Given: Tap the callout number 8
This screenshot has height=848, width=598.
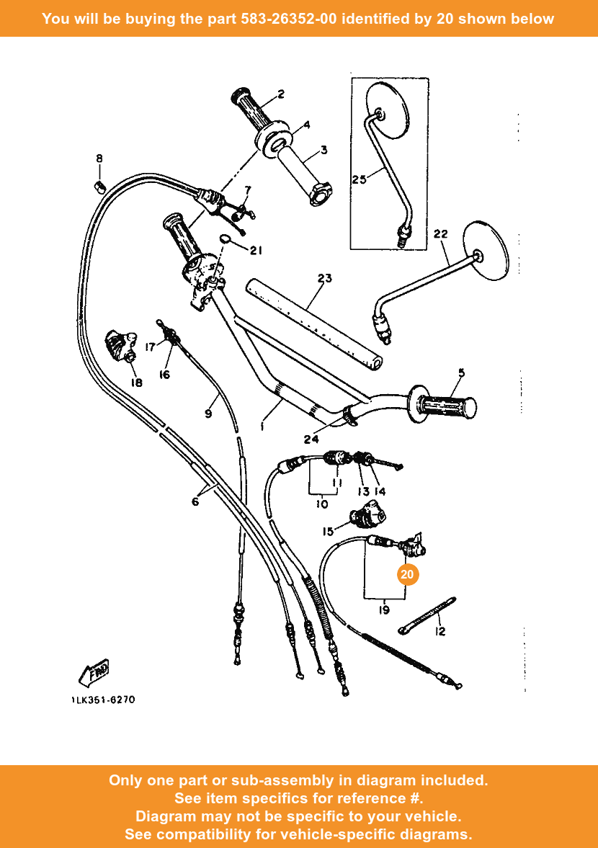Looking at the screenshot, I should pyautogui.click(x=99, y=159).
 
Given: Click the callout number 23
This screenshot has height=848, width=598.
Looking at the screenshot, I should pyautogui.click(x=324, y=278).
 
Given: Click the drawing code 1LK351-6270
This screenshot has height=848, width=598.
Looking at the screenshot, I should pyautogui.click(x=103, y=700).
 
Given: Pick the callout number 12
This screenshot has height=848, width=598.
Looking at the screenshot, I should pyautogui.click(x=439, y=632).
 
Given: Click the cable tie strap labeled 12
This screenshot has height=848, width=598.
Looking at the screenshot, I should pyautogui.click(x=426, y=615).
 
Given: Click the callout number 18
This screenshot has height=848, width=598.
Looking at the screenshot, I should pyautogui.click(x=136, y=383).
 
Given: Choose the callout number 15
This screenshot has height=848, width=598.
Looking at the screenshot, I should pyautogui.click(x=328, y=532).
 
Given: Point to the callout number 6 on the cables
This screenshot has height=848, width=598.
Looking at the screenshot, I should pyautogui.click(x=195, y=501).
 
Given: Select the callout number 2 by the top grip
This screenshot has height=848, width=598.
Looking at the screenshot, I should pyautogui.click(x=280, y=94).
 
